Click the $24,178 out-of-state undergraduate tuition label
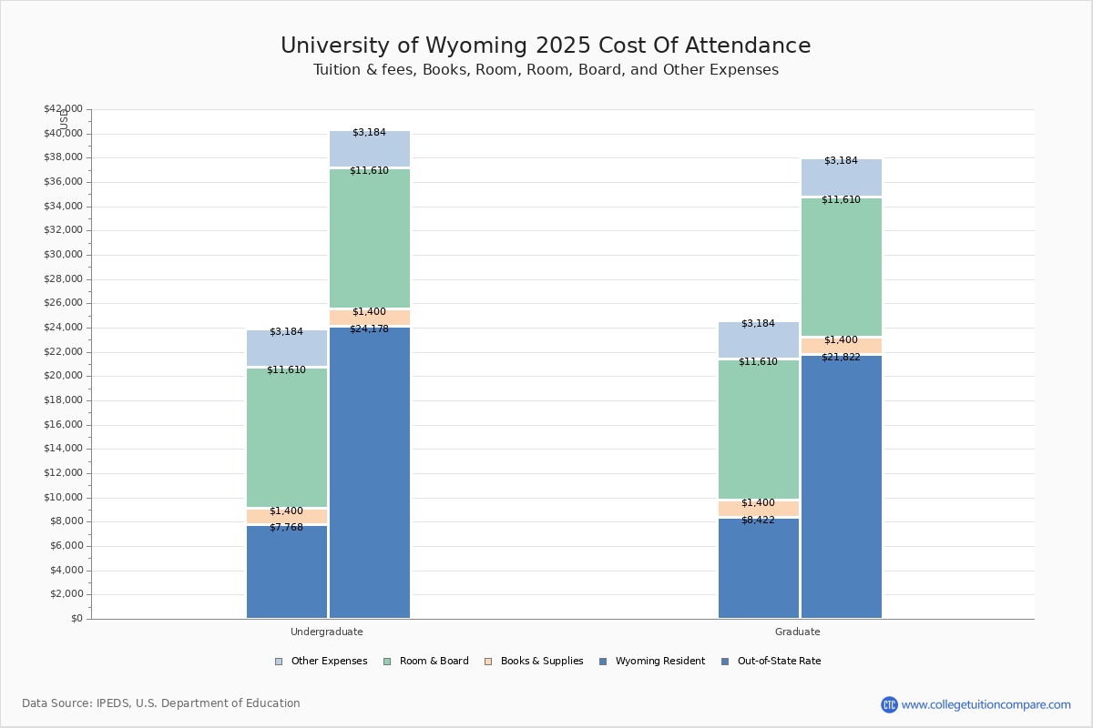click(369, 329)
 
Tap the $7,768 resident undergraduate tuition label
click(286, 528)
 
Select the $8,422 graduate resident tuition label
click(758, 521)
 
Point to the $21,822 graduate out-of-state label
click(841, 358)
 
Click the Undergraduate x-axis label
click(327, 632)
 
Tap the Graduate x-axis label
click(798, 632)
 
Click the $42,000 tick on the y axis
click(63, 109)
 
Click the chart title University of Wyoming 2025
click(546, 46)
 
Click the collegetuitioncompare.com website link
click(986, 704)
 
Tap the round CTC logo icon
click(889, 704)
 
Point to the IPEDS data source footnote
click(161, 703)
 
